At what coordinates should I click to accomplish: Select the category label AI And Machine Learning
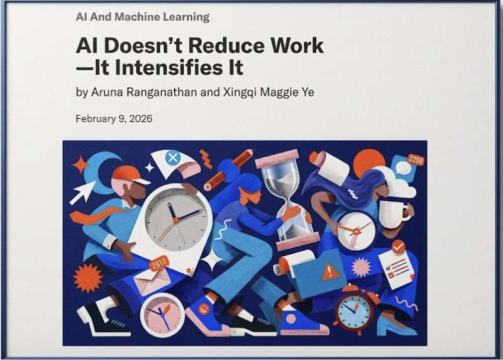click(x=142, y=17)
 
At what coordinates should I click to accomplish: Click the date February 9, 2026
click(x=114, y=118)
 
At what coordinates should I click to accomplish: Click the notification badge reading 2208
click(x=416, y=160)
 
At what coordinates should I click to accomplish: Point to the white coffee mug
click(x=393, y=214)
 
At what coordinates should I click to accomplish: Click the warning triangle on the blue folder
click(x=331, y=271)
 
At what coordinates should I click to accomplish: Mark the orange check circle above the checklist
click(x=398, y=246)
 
